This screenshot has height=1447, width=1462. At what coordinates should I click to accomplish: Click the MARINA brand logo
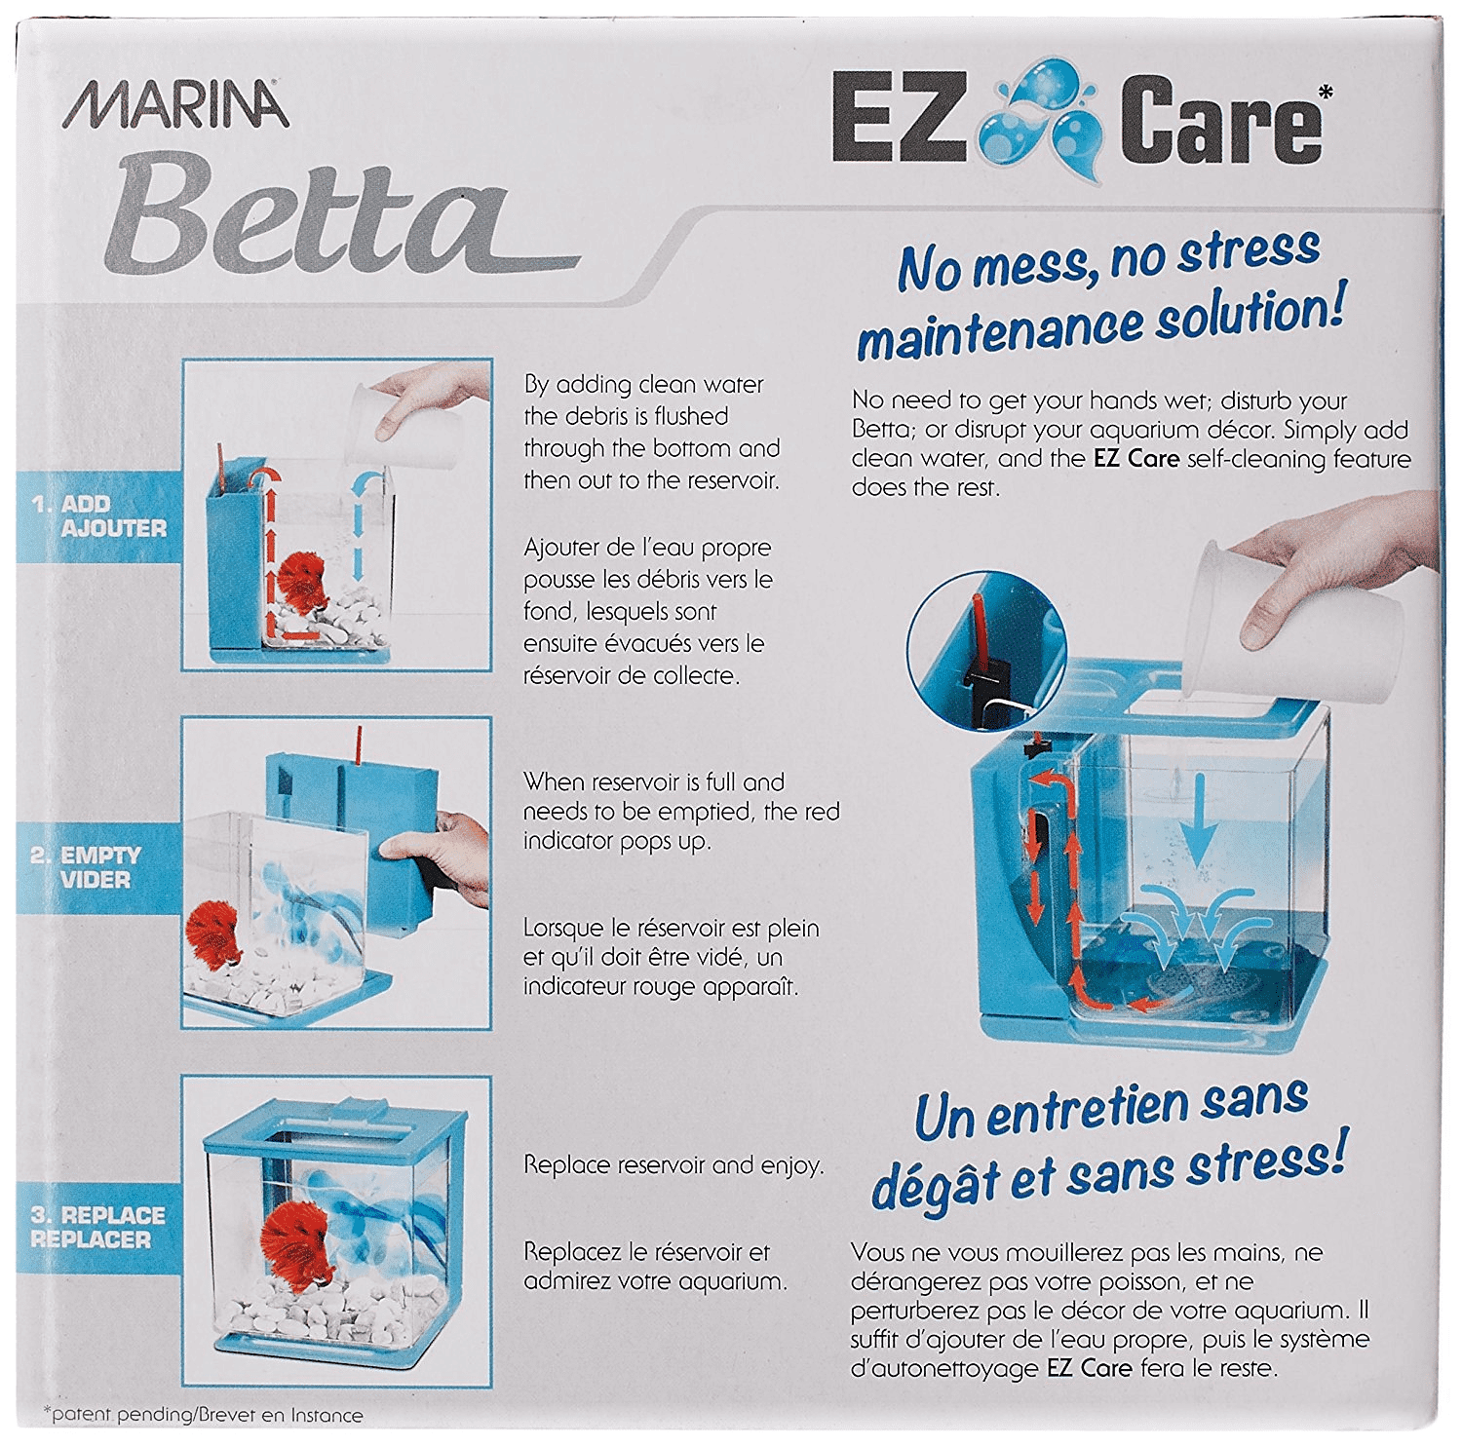[x=176, y=104]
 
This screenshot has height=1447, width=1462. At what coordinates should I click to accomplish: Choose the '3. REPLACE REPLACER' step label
[x=97, y=1227]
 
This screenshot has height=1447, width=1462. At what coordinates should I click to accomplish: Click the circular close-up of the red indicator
[x=986, y=651]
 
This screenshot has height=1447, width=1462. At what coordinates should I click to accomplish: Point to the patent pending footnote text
[x=203, y=1415]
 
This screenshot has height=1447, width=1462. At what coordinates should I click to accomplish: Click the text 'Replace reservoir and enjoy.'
[x=673, y=1165]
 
